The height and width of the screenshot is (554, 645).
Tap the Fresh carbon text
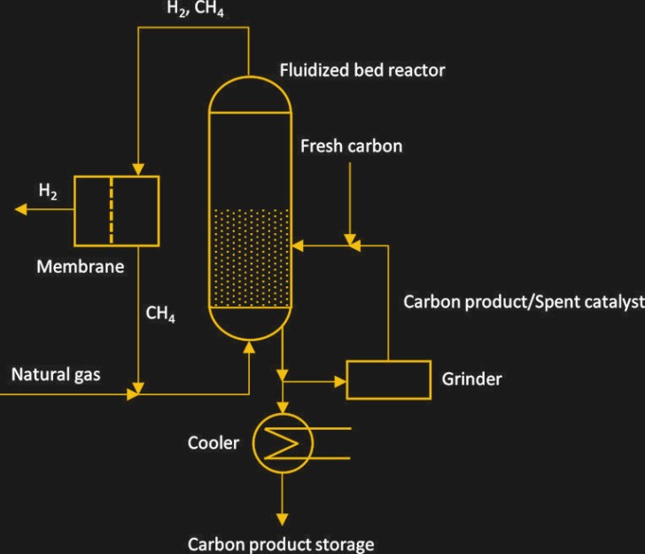[351, 145]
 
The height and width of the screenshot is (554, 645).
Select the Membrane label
[81, 266]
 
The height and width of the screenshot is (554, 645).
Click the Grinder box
[388, 379]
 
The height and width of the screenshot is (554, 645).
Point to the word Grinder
[471, 379]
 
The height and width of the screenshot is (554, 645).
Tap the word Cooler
[214, 441]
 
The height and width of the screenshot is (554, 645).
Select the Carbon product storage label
[281, 544]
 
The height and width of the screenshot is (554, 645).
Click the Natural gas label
[56, 374]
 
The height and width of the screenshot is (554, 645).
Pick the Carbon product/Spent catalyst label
[524, 302]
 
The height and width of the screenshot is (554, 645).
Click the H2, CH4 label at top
[190, 10]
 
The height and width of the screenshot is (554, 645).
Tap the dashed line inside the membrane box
[112, 210]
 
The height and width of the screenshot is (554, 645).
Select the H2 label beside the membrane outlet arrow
[49, 191]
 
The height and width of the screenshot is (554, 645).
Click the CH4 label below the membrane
[160, 314]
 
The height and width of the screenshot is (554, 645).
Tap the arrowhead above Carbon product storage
[282, 518]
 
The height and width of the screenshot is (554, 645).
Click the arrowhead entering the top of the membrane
[138, 168]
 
